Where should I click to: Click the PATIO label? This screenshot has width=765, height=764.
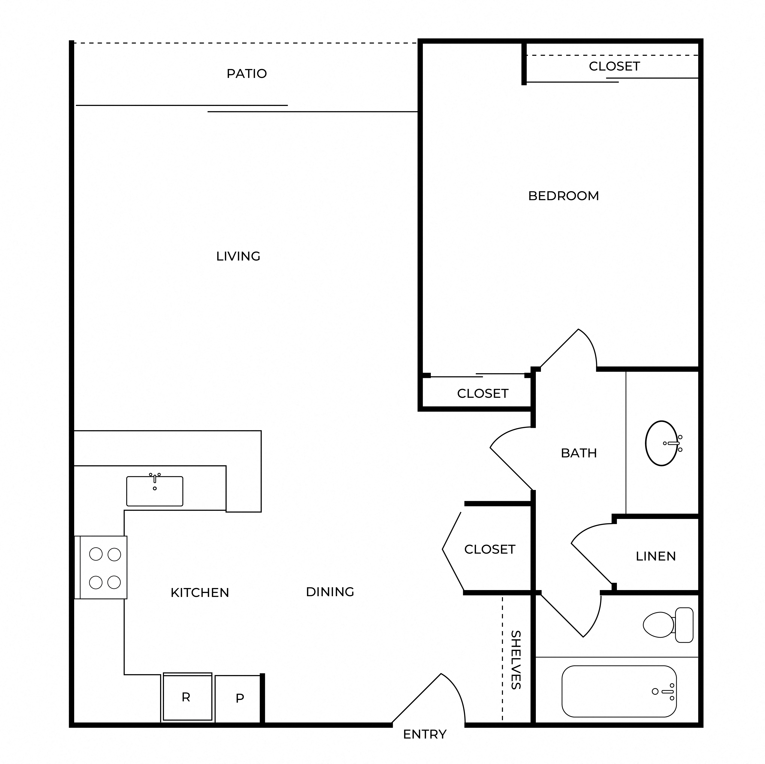click(x=247, y=74)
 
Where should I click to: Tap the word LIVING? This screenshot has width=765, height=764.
click(x=238, y=256)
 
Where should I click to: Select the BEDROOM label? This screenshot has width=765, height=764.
click(x=563, y=196)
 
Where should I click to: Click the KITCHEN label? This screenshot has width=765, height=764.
click(x=200, y=593)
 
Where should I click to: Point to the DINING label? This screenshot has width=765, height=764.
click(x=330, y=592)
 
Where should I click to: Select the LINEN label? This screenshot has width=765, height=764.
click(x=656, y=556)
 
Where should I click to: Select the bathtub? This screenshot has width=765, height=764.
click(x=619, y=691)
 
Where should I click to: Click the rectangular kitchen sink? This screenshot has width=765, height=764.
click(x=155, y=491)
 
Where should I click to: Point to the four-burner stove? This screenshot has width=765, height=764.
click(x=101, y=567)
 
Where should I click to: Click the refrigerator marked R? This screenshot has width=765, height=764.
click(x=187, y=697)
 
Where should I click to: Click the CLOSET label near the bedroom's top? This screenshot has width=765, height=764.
click(x=614, y=66)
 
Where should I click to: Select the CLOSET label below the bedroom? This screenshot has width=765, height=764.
click(x=483, y=394)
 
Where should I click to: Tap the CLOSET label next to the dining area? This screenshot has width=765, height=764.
click(x=490, y=550)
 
